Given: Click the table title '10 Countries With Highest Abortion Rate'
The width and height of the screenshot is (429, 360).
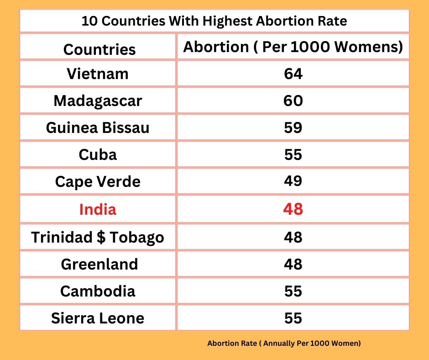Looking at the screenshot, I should [x=214, y=21].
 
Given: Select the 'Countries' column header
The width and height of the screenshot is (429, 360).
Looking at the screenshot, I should [x=99, y=49].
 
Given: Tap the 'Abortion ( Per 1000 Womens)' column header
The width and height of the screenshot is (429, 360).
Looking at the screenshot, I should [x=293, y=48].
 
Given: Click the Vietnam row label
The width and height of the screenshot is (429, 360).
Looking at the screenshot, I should [x=98, y=74].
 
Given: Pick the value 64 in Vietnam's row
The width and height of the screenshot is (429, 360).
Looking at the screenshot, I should [x=293, y=74].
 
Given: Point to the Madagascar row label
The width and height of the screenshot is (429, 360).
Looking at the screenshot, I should [x=98, y=101].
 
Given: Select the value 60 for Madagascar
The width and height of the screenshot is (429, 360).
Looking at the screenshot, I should [x=293, y=101].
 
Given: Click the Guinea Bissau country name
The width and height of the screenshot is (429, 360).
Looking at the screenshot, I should [x=98, y=127].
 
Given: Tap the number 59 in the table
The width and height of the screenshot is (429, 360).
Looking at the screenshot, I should [x=293, y=127].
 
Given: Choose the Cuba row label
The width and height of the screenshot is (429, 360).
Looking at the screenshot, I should [x=98, y=154].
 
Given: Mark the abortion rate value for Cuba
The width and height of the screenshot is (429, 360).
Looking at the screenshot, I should [x=293, y=154].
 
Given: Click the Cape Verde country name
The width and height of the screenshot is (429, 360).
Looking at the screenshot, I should [x=98, y=182].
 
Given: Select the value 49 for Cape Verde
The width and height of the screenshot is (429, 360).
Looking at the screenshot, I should [x=293, y=181].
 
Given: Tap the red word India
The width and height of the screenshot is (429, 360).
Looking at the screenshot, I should [x=98, y=209].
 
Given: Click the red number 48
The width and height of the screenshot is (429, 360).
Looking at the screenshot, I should [x=293, y=209].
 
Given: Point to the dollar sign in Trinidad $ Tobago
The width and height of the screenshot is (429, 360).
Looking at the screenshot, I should [x=98, y=238].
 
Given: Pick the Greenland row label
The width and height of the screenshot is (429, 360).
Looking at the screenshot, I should [x=99, y=264].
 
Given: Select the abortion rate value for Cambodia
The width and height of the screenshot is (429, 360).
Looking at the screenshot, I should [x=293, y=291].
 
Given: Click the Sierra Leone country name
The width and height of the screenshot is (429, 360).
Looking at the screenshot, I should [x=98, y=318].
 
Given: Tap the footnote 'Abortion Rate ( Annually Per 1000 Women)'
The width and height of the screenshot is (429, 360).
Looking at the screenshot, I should [x=284, y=343].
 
